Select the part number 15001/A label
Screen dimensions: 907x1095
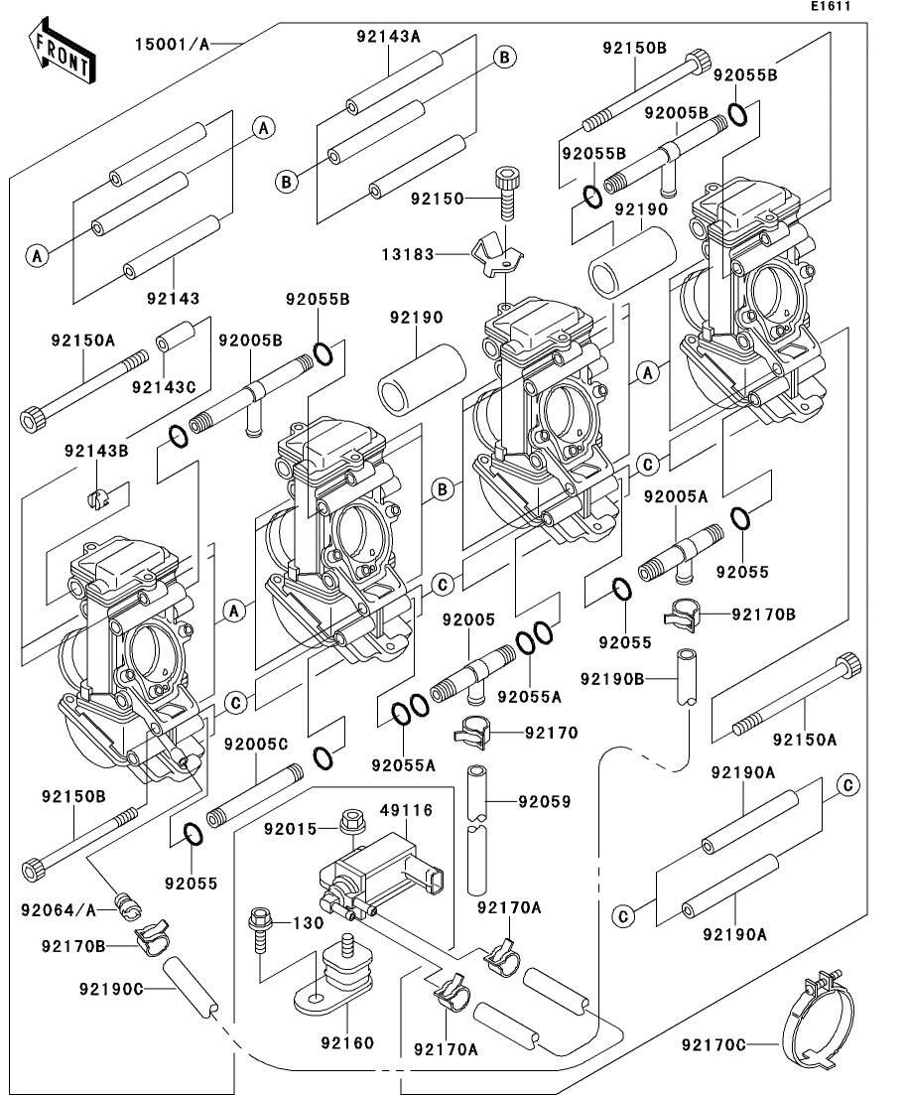tap(172, 45)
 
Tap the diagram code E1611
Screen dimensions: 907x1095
tap(831, 6)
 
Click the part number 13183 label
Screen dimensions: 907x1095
tap(408, 255)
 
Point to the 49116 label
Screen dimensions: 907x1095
tap(407, 810)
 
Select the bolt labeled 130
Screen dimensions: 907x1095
tap(259, 931)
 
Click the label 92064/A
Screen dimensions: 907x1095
tap(59, 910)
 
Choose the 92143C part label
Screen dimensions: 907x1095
tap(164, 387)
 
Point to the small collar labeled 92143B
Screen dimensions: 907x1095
tap(98, 498)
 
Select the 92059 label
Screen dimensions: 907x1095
tap(545, 802)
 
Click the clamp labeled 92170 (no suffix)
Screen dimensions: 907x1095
tap(472, 733)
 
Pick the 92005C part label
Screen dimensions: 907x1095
tap(256, 745)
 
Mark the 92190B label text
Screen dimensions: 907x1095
tap(612, 678)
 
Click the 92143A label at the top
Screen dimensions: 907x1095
tap(388, 37)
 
